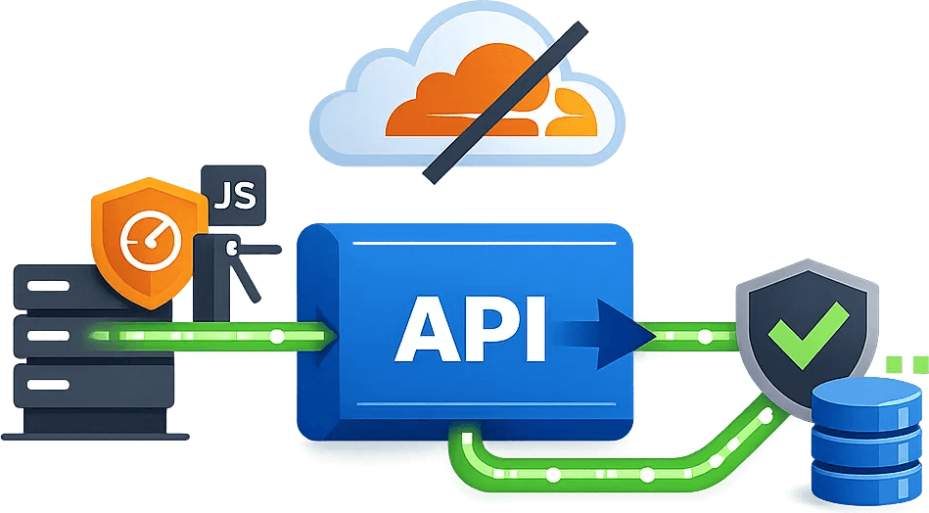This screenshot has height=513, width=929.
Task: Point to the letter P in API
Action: (x=492, y=327)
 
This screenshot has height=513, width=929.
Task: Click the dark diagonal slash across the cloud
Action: (x=504, y=103)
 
